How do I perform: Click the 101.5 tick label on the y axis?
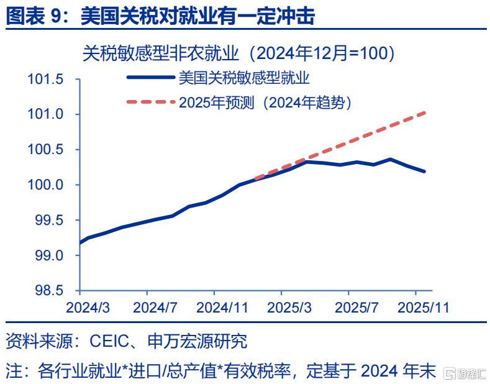[x=45, y=79]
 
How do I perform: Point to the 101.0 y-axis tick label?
[x=45, y=114]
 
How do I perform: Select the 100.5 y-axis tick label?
[x=45, y=150]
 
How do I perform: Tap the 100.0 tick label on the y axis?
[x=45, y=185]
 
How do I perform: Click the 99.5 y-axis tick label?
[x=48, y=220]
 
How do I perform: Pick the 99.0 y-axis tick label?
[x=48, y=255]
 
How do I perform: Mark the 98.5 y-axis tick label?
[x=48, y=291]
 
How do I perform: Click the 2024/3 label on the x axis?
[x=88, y=308]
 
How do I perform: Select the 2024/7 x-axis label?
[x=155, y=308]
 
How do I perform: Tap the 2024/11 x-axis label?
[x=222, y=308]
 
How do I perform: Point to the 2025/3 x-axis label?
[x=289, y=308]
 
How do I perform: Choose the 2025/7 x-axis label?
[x=356, y=308]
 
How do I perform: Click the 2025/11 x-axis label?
[x=424, y=308]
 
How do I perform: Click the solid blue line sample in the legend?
[x=151, y=77]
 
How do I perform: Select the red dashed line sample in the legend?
[x=151, y=102]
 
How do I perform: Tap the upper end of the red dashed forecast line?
[x=425, y=113]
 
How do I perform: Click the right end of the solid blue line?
[x=424, y=171]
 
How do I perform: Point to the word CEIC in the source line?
[x=109, y=341]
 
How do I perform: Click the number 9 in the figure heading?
[x=56, y=16]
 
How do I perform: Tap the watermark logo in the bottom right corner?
[x=465, y=373]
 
